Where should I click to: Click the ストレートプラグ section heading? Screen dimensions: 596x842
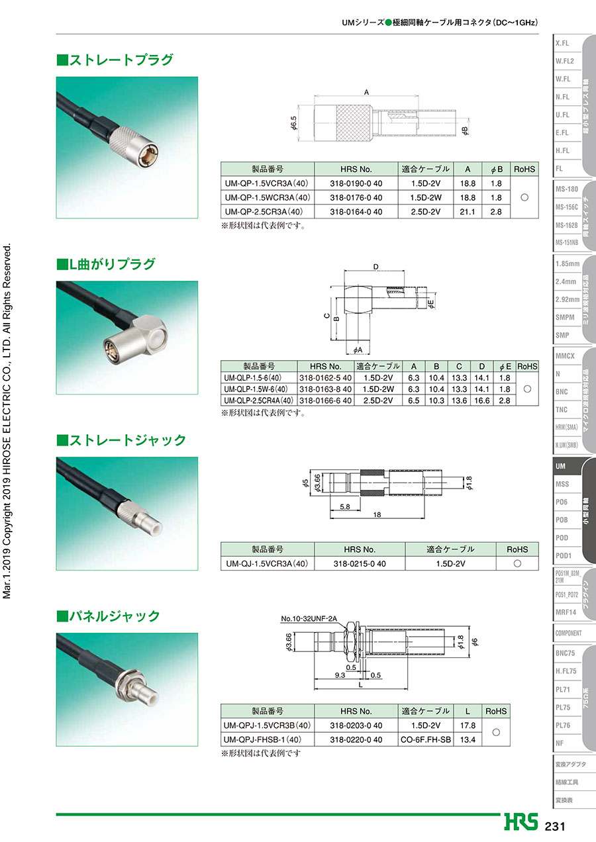coord(115,60)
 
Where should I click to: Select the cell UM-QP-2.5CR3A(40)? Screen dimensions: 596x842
coord(264,212)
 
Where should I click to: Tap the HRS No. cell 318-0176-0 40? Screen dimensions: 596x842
coord(356,198)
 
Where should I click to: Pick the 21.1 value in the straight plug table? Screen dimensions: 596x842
coord(468,212)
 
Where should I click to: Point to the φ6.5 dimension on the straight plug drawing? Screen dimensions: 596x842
coord(293,123)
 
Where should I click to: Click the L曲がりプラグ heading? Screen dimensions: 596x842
coord(106,264)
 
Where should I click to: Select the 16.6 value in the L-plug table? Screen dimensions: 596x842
coord(481,400)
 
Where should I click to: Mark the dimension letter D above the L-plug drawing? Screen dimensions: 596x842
coord(375,267)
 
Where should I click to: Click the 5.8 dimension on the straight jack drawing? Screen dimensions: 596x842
coord(345,506)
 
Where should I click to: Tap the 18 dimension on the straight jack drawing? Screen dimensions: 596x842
coord(377,514)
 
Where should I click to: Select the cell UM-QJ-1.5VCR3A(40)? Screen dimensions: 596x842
coord(267,564)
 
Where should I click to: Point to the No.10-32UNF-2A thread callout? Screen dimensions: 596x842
coord(309,619)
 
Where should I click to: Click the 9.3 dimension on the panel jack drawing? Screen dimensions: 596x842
coord(340,675)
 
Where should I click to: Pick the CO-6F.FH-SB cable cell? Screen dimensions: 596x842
coord(426,740)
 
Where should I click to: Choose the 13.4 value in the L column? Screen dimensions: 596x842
coord(468,740)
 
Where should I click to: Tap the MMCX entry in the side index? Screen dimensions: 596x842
coord(565,356)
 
